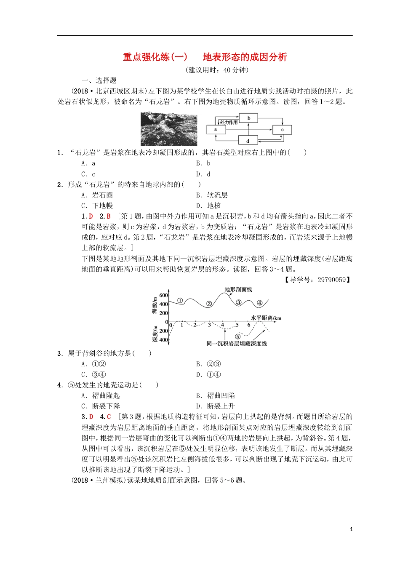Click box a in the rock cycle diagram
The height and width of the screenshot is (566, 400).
216,129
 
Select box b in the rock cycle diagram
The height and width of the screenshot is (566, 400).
248,118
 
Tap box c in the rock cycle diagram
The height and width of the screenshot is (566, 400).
282,130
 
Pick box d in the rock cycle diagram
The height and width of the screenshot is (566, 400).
248,140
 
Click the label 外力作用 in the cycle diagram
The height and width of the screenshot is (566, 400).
228,122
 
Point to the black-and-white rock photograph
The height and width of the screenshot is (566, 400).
169,129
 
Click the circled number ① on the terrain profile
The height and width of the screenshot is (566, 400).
180,301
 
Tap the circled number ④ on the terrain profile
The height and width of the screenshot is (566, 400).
260,303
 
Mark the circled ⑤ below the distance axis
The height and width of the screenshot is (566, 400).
238,336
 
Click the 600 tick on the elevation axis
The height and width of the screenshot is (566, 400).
163,295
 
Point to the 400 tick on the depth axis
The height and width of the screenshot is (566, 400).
163,340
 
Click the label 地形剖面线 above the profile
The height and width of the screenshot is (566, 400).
238,289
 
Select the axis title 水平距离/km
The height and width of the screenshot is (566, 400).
266,318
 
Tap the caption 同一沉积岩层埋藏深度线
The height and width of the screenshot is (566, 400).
237,344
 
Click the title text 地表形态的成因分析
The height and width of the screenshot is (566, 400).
245,57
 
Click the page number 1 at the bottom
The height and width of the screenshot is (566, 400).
352,529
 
